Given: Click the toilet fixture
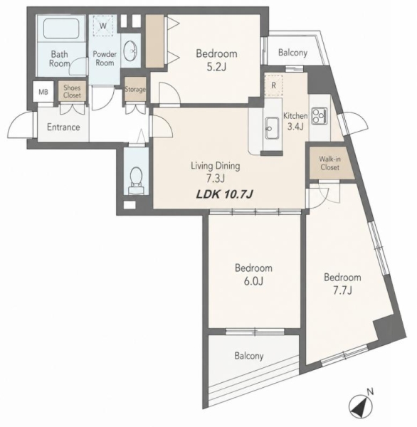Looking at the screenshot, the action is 136,180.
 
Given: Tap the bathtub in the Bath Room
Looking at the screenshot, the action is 61,28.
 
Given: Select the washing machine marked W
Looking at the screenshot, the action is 103,26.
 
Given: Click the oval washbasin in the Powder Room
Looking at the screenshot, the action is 130,51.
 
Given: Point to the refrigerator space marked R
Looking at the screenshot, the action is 273,85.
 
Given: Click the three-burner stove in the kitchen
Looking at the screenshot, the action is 320,116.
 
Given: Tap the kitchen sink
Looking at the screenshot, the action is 272,128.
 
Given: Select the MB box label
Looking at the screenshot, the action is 43,92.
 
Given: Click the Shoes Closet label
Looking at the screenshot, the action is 72,92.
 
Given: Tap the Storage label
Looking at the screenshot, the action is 135,90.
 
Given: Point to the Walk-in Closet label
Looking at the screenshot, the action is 330,163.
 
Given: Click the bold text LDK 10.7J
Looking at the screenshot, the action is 225,194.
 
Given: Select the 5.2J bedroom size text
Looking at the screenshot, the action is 216,67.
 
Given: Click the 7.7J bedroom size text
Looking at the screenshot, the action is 342,290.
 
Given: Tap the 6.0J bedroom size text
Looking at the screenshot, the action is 253,281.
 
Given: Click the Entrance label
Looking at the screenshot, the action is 63,127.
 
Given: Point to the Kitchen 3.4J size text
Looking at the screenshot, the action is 295,127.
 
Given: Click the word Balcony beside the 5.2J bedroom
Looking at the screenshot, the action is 292,53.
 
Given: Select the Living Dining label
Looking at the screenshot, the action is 216,166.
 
